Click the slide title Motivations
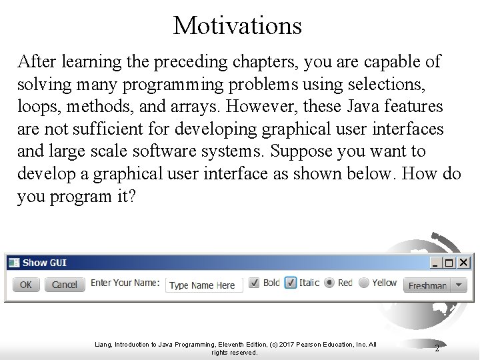pyautogui.click(x=237, y=25)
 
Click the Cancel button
pyautogui.click(x=64, y=285)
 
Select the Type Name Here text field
pyautogui.click(x=203, y=285)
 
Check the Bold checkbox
pyautogui.click(x=254, y=283)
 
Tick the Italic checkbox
pyautogui.click(x=291, y=283)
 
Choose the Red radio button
pyautogui.click(x=329, y=283)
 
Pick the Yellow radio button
pyautogui.click(x=363, y=283)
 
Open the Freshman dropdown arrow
pyautogui.click(x=460, y=285)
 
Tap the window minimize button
pyautogui.click(x=435, y=263)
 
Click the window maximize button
pyautogui.click(x=449, y=263)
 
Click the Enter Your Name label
pyautogui.click(x=125, y=283)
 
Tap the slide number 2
pyautogui.click(x=437, y=348)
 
